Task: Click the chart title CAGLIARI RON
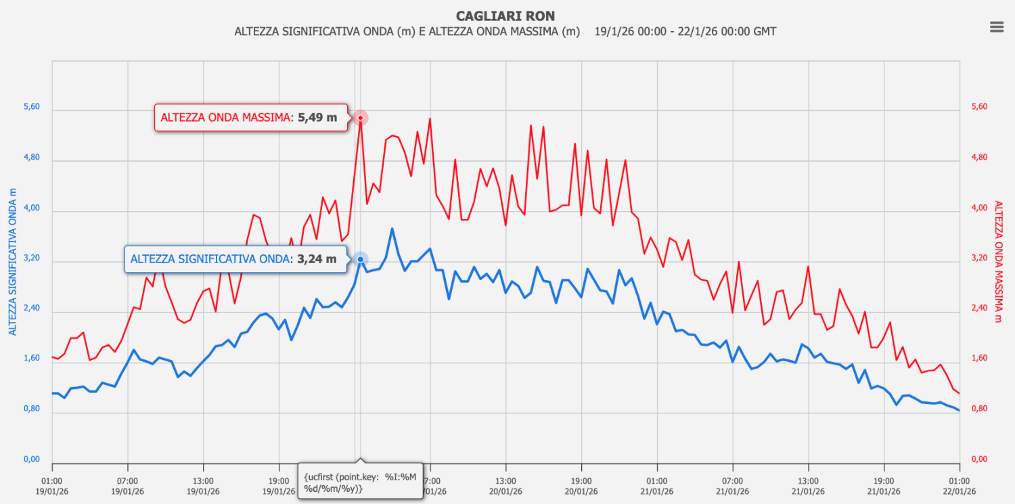point(505,16)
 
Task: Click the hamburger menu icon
point(996,26)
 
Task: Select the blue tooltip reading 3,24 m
point(235,258)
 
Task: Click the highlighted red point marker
point(361,118)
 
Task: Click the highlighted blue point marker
point(361,259)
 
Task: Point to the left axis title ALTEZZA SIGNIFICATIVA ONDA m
point(12,260)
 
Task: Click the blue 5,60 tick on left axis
point(32,107)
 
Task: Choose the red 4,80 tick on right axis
point(979,158)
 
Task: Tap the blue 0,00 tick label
point(32,460)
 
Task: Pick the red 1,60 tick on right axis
point(979,359)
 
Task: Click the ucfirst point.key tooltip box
point(361,480)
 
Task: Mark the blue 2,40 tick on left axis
point(32,308)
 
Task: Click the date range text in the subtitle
point(685,32)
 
